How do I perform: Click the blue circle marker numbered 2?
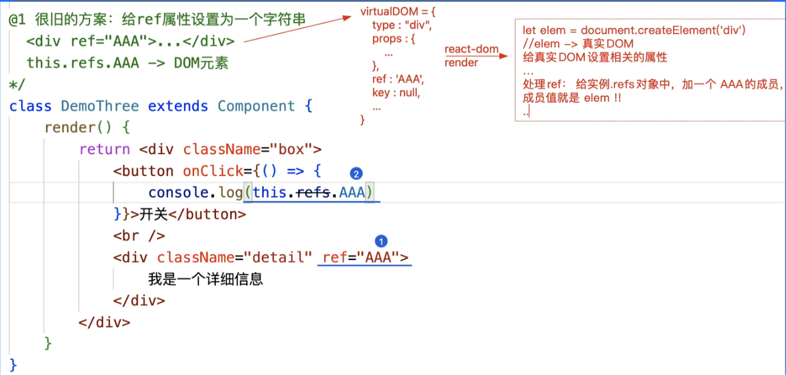coord(356,173)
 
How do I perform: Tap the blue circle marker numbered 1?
coord(381,241)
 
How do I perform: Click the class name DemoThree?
coord(99,106)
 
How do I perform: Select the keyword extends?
coord(178,106)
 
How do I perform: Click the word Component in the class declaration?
coord(256,106)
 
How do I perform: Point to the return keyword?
coord(105,150)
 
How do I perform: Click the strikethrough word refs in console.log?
coord(313,193)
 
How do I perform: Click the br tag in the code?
coord(139,236)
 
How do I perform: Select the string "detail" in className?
coord(278,258)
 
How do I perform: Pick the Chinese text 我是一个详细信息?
coord(206,279)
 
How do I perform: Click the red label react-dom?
coord(471,50)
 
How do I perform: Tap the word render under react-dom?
coord(461,62)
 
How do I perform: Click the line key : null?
coord(396,93)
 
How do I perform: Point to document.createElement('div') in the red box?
coord(663,30)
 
